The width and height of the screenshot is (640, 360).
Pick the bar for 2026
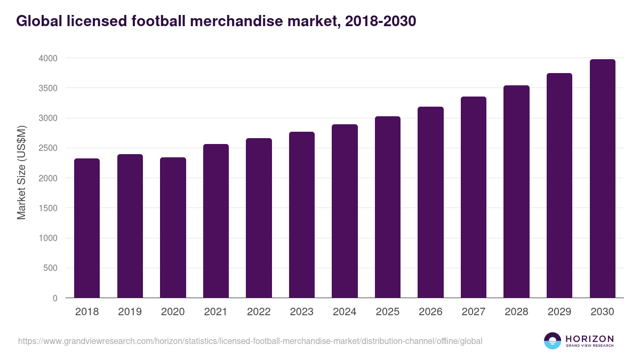tap(430, 202)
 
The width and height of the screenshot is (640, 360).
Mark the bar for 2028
tap(516, 191)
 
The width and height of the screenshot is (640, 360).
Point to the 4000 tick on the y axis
tap(47, 58)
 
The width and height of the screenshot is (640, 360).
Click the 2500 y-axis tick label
tap(47, 148)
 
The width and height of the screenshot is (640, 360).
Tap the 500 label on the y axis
tap(50, 268)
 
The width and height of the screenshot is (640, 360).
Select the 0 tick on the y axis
tap(54, 298)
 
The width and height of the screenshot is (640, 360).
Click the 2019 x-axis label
tap(130, 312)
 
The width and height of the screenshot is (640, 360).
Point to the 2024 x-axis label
tap(345, 312)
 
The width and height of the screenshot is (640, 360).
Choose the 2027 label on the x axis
tap(473, 312)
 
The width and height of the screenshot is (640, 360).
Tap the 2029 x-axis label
tap(559, 312)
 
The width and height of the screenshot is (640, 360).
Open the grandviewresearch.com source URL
tap(250, 341)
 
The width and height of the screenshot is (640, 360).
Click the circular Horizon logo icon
tap(553, 341)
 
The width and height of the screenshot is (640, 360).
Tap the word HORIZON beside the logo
tap(589, 338)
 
